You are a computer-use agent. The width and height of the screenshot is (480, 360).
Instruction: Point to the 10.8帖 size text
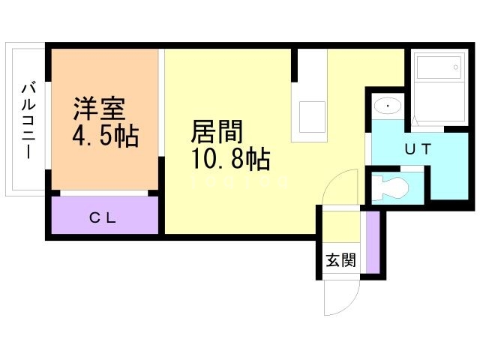[230, 159]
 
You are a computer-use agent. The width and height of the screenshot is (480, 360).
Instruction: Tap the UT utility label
[418, 148]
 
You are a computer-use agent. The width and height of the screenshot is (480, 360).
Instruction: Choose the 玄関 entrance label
[340, 260]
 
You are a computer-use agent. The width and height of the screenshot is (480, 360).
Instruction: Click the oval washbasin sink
[387, 106]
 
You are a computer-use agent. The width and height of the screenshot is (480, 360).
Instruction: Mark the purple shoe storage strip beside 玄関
[371, 243]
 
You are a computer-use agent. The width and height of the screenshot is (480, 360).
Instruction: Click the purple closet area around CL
[75, 217]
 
